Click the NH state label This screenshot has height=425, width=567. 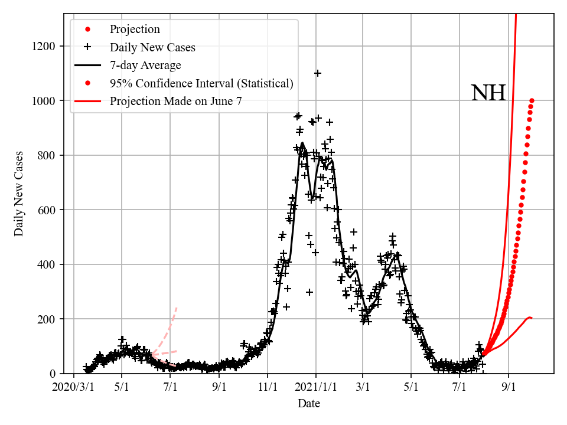point(488,94)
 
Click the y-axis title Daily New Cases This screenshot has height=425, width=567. point(19,194)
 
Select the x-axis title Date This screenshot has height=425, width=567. point(309,404)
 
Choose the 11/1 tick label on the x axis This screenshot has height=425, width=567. point(268,387)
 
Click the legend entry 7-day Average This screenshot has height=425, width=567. point(145,66)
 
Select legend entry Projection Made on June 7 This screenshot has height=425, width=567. point(175,102)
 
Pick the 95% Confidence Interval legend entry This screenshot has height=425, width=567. point(201,83)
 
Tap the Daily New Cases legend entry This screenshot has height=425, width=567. point(152,47)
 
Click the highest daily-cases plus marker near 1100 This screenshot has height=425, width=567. point(318,73)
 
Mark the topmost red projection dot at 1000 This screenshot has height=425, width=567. point(532,101)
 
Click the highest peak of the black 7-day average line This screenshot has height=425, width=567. point(302,143)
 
